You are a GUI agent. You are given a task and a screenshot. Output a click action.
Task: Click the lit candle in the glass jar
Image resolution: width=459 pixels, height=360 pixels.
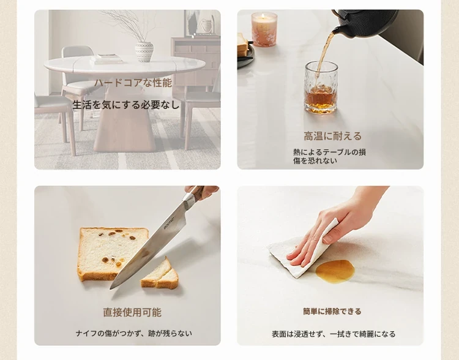pos(264,29)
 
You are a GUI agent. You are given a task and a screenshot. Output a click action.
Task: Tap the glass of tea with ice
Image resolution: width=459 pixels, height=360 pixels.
pos(321,88)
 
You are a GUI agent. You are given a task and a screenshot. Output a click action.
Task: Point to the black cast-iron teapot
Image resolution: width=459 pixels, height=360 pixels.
pos(365,23)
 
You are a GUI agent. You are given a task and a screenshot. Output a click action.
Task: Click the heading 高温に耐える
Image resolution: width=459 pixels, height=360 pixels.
pos(332,136)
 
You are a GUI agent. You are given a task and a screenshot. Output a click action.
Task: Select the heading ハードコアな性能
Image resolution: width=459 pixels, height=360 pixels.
pos(133,83)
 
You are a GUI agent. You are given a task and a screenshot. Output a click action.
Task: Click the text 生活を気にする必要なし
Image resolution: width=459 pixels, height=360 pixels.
pos(125,105)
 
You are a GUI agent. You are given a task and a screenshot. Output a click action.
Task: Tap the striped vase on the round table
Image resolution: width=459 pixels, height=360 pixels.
pos(144,51)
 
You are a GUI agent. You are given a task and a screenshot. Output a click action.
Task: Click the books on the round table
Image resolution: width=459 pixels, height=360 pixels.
pos(106,59)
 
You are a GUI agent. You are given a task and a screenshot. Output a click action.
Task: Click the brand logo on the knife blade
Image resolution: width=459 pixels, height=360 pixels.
pos(169,223)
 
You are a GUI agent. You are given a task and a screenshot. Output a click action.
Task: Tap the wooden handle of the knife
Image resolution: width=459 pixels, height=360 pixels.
pos(196,193)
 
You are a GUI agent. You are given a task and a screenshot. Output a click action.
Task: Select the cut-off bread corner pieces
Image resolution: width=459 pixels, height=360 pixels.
pos(160,274)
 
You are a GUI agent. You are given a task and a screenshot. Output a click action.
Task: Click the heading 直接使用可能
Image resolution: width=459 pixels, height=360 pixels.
pos(132,312)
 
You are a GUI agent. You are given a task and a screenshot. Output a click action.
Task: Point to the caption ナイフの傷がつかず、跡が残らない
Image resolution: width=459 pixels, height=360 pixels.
pos(134,333)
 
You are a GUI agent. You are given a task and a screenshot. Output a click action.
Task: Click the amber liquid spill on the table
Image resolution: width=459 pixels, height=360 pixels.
pos(335,272)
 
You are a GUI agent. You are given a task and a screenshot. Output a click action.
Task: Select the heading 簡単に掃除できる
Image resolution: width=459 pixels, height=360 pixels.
pos(332,312)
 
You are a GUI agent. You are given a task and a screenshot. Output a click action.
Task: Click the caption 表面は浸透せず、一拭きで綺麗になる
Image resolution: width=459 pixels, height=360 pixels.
pos(334,334)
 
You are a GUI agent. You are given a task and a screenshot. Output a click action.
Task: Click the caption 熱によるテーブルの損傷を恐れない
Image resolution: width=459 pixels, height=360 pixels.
pos(330,156)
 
